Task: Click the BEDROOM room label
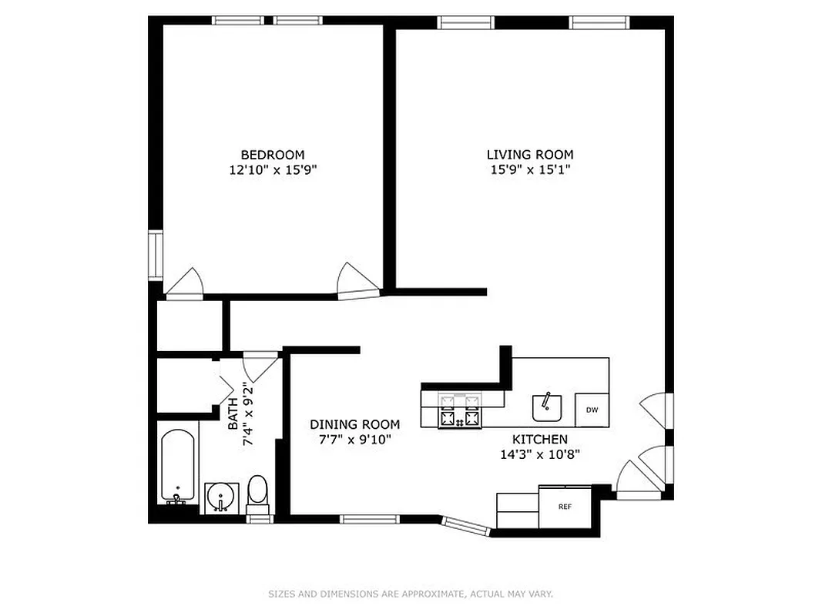273,155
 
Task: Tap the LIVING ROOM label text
529,155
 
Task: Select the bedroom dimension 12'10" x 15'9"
273,170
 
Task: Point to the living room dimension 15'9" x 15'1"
529,170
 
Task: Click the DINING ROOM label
354,424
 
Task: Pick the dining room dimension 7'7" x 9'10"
354,440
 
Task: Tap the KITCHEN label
539,439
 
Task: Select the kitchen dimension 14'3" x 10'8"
539,454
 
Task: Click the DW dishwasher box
592,410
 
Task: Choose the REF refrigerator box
565,507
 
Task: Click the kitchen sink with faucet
547,407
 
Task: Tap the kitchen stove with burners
459,410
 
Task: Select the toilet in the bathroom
257,494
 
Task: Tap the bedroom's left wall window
155,255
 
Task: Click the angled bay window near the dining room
466,525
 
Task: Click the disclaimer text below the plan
411,594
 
